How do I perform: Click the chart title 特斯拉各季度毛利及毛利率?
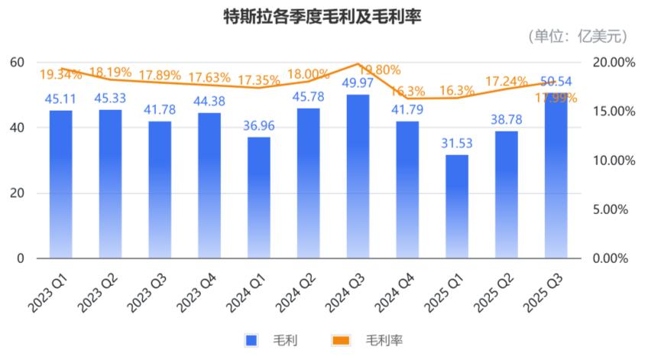pos(322,16)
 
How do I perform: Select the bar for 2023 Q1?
pos(61,183)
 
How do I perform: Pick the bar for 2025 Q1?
pos(456,206)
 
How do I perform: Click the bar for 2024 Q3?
pos(358,176)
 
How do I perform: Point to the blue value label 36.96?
pos(258,125)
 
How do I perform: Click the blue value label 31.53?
pos(456,142)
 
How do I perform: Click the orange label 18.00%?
pos(309,74)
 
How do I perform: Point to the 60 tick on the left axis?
pos(17,62)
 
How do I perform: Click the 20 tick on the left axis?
pos(17,193)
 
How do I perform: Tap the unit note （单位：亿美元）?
pos(579,35)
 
